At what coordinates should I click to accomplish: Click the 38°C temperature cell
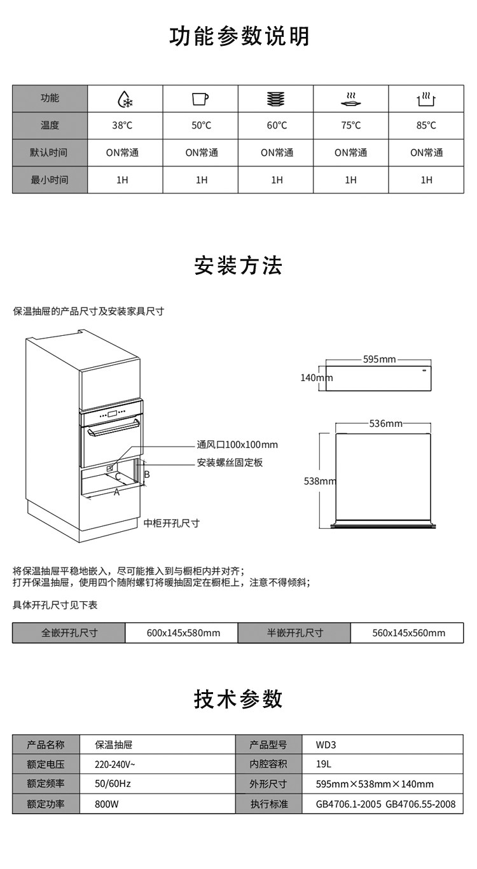pyautogui.click(x=123, y=125)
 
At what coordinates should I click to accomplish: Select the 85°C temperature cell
pyautogui.click(x=426, y=125)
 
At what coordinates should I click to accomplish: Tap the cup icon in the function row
pyautogui.click(x=200, y=99)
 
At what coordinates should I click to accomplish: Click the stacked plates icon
pyautogui.click(x=275, y=99)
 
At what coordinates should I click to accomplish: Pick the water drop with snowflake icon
pyautogui.click(x=125, y=99)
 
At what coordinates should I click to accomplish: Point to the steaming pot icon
pyautogui.click(x=426, y=99)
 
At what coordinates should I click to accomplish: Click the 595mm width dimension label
pyautogui.click(x=380, y=360)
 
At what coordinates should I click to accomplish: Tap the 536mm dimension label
pyautogui.click(x=385, y=424)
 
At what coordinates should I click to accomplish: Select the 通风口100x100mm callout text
pyautogui.click(x=237, y=445)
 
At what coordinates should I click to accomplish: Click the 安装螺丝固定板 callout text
pyautogui.click(x=230, y=462)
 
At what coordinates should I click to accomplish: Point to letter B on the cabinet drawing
pyautogui.click(x=147, y=475)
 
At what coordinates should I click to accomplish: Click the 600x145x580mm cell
pyautogui.click(x=183, y=633)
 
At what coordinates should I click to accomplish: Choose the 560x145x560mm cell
pyautogui.click(x=409, y=633)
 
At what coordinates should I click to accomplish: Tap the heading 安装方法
pyautogui.click(x=238, y=266)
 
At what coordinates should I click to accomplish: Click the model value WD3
pyautogui.click(x=325, y=744)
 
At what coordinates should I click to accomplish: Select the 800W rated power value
pyautogui.click(x=107, y=804)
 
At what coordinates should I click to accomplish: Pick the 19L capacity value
pyautogui.click(x=323, y=764)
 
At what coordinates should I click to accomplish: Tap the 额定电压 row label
pyautogui.click(x=46, y=764)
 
